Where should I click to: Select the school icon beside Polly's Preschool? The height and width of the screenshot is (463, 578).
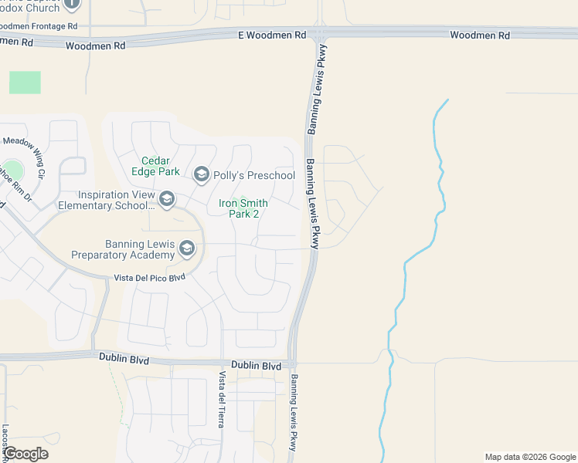pyautogui.click(x=201, y=175)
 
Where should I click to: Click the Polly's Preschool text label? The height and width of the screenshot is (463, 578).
pyautogui.click(x=254, y=175)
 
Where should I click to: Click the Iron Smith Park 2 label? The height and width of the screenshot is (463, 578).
pyautogui.click(x=243, y=208)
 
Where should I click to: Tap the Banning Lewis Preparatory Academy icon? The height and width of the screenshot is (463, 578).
pyautogui.click(x=186, y=248)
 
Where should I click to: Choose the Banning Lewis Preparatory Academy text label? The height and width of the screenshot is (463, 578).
pyautogui.click(x=123, y=249)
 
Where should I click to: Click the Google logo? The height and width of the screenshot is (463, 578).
pyautogui.click(x=25, y=454)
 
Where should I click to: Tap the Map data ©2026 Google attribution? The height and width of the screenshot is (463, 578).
pyautogui.click(x=529, y=457)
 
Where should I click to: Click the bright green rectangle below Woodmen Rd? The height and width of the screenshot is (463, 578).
pyautogui.click(x=25, y=83)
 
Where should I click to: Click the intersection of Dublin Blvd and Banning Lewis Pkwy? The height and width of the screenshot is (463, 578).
pyautogui.click(x=292, y=363)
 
